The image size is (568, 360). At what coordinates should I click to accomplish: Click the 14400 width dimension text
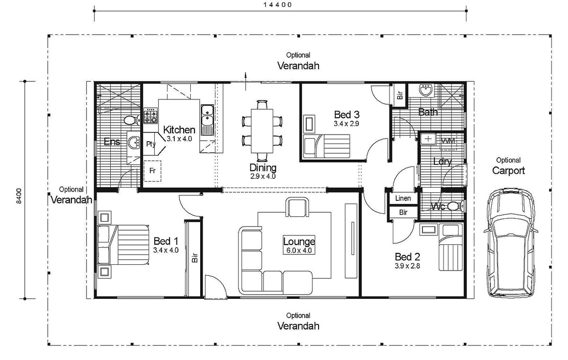click(278, 5)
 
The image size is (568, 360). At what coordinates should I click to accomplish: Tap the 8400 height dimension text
click(19, 196)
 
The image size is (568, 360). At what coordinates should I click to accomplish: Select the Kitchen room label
click(179, 130)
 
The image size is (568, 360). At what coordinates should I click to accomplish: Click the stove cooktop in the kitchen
click(151, 116)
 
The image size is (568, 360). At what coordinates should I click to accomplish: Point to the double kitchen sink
click(207, 120)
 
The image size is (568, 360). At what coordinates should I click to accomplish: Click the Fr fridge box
click(152, 171)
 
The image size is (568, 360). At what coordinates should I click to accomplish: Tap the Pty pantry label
click(151, 144)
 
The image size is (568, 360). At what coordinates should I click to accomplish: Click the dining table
click(262, 131)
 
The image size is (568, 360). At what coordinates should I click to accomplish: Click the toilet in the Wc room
click(456, 206)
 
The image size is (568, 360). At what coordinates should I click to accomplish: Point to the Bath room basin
click(426, 90)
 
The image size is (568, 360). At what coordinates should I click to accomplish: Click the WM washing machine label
click(448, 141)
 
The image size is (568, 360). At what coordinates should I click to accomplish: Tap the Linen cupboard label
click(403, 198)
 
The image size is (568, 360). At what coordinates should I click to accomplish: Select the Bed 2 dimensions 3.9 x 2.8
click(407, 266)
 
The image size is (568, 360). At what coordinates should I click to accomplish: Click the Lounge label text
click(299, 242)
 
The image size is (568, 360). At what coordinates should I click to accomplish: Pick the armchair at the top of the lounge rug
click(297, 207)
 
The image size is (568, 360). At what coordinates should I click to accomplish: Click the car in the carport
click(511, 243)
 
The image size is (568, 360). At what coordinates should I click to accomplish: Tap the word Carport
click(508, 171)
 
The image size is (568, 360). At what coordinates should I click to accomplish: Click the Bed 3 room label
click(346, 115)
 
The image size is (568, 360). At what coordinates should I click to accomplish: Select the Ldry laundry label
click(443, 162)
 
